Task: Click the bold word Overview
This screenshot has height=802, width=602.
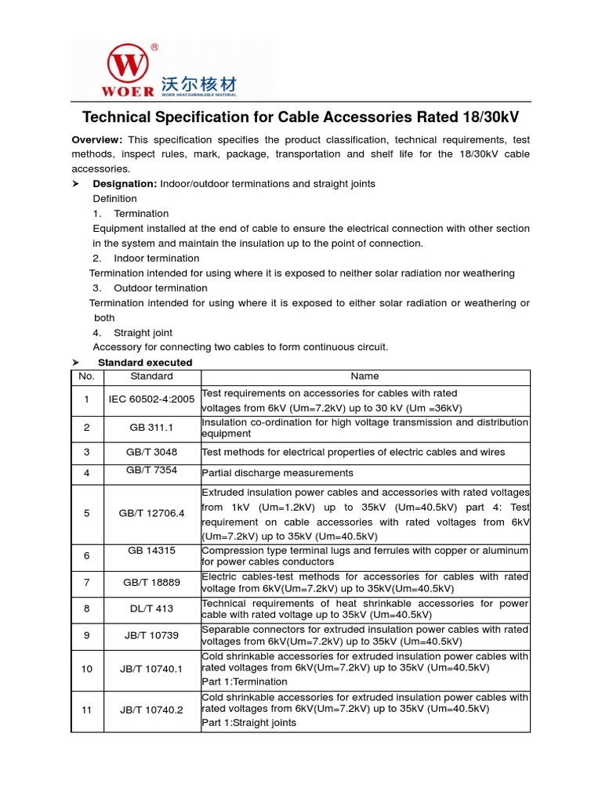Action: [x=97, y=139]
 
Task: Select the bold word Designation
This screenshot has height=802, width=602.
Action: [x=125, y=184]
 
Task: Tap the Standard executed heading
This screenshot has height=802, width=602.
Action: [x=144, y=363]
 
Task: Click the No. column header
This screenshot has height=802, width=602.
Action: [x=87, y=377]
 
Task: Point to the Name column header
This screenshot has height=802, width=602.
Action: [x=364, y=377]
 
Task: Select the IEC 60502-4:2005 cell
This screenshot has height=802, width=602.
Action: [x=151, y=399]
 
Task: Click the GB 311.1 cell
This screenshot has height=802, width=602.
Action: [x=151, y=428]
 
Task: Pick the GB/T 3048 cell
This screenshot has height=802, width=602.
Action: [x=151, y=452]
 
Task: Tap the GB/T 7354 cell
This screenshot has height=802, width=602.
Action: [x=151, y=470]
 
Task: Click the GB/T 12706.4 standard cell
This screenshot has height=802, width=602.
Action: [x=151, y=514]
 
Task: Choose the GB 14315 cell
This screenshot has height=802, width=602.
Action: [x=151, y=551]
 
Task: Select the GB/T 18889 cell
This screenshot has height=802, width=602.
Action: [x=151, y=583]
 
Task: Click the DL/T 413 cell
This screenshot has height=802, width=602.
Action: [x=151, y=609]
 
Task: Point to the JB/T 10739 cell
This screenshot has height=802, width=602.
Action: [x=151, y=635]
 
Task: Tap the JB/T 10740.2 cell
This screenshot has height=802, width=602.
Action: [x=151, y=710]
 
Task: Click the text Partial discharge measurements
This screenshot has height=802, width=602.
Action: [x=277, y=473]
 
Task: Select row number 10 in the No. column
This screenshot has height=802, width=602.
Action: [x=87, y=669]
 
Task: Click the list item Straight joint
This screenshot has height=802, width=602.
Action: [x=143, y=333]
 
